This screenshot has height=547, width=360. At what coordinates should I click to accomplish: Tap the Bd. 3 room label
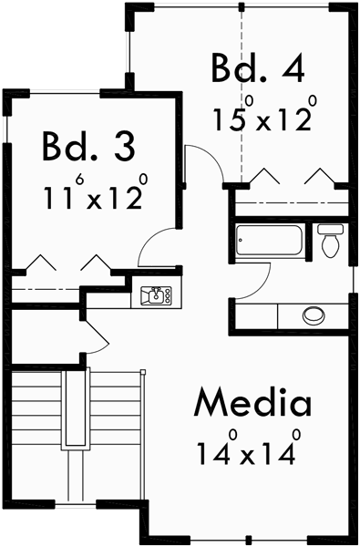88,146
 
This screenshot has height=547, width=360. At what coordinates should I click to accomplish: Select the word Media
252,402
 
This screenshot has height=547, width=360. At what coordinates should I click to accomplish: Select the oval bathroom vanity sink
314,315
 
